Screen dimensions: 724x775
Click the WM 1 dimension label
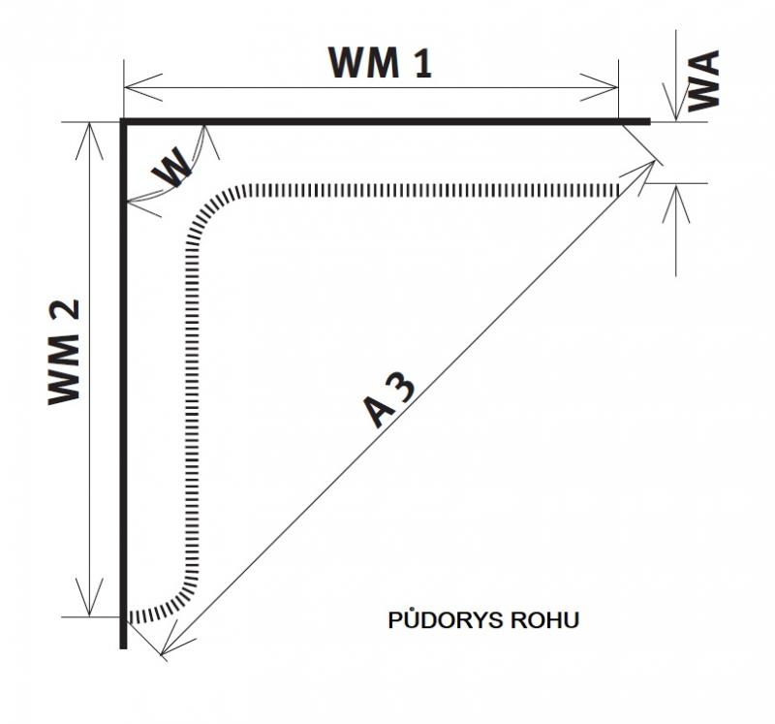click(x=379, y=63)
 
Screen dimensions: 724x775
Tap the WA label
click(x=704, y=82)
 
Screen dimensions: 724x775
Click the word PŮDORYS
click(x=439, y=620)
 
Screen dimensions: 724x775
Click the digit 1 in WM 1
click(x=421, y=63)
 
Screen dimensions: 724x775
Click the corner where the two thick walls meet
click(x=124, y=122)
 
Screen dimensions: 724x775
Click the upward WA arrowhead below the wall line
click(x=676, y=190)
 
